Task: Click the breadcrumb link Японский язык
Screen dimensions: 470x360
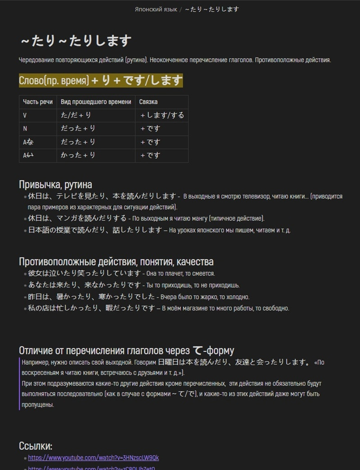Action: coord(156,9)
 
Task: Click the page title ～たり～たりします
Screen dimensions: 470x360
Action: coord(76,41)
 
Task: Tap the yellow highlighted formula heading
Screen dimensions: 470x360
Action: coord(101,81)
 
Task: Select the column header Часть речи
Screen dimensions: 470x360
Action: coord(38,102)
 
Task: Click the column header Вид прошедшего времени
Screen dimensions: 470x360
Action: coord(96,102)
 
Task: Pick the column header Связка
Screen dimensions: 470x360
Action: coord(148,102)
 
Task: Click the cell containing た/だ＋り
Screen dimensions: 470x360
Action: coord(76,115)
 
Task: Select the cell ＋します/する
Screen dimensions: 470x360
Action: coord(162,115)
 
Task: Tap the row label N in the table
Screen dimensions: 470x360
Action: coord(25,129)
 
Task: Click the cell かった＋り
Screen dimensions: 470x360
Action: coord(78,155)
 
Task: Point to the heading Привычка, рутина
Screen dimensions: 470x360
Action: coord(55,184)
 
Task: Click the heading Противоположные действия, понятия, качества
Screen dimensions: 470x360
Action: coord(116,262)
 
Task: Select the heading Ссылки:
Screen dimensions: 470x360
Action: coord(36,446)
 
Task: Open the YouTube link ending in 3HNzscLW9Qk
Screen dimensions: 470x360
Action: coord(93,458)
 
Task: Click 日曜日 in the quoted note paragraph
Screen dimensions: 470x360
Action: coord(168,362)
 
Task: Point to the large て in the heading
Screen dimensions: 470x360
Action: coord(198,350)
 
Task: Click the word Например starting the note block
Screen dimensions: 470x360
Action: coord(35,362)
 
